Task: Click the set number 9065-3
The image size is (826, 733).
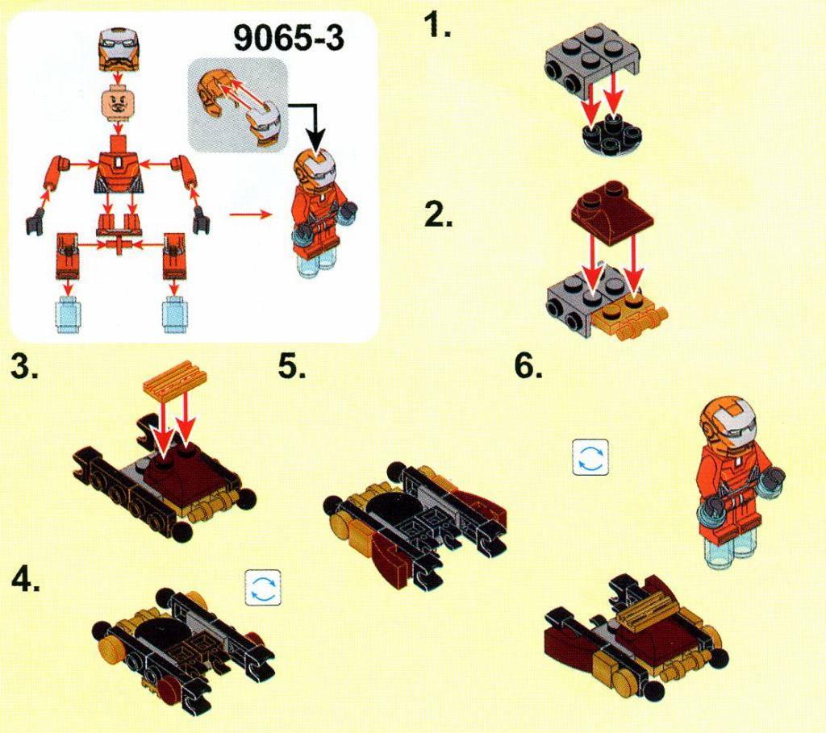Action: pyautogui.click(x=289, y=38)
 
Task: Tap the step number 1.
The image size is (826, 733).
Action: pyautogui.click(x=438, y=25)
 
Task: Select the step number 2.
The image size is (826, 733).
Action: pyautogui.click(x=438, y=214)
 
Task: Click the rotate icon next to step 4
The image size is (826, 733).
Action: pyautogui.click(x=263, y=588)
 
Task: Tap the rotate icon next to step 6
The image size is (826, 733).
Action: pyautogui.click(x=590, y=457)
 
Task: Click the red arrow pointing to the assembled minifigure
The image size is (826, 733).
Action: pyautogui.click(x=250, y=214)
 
